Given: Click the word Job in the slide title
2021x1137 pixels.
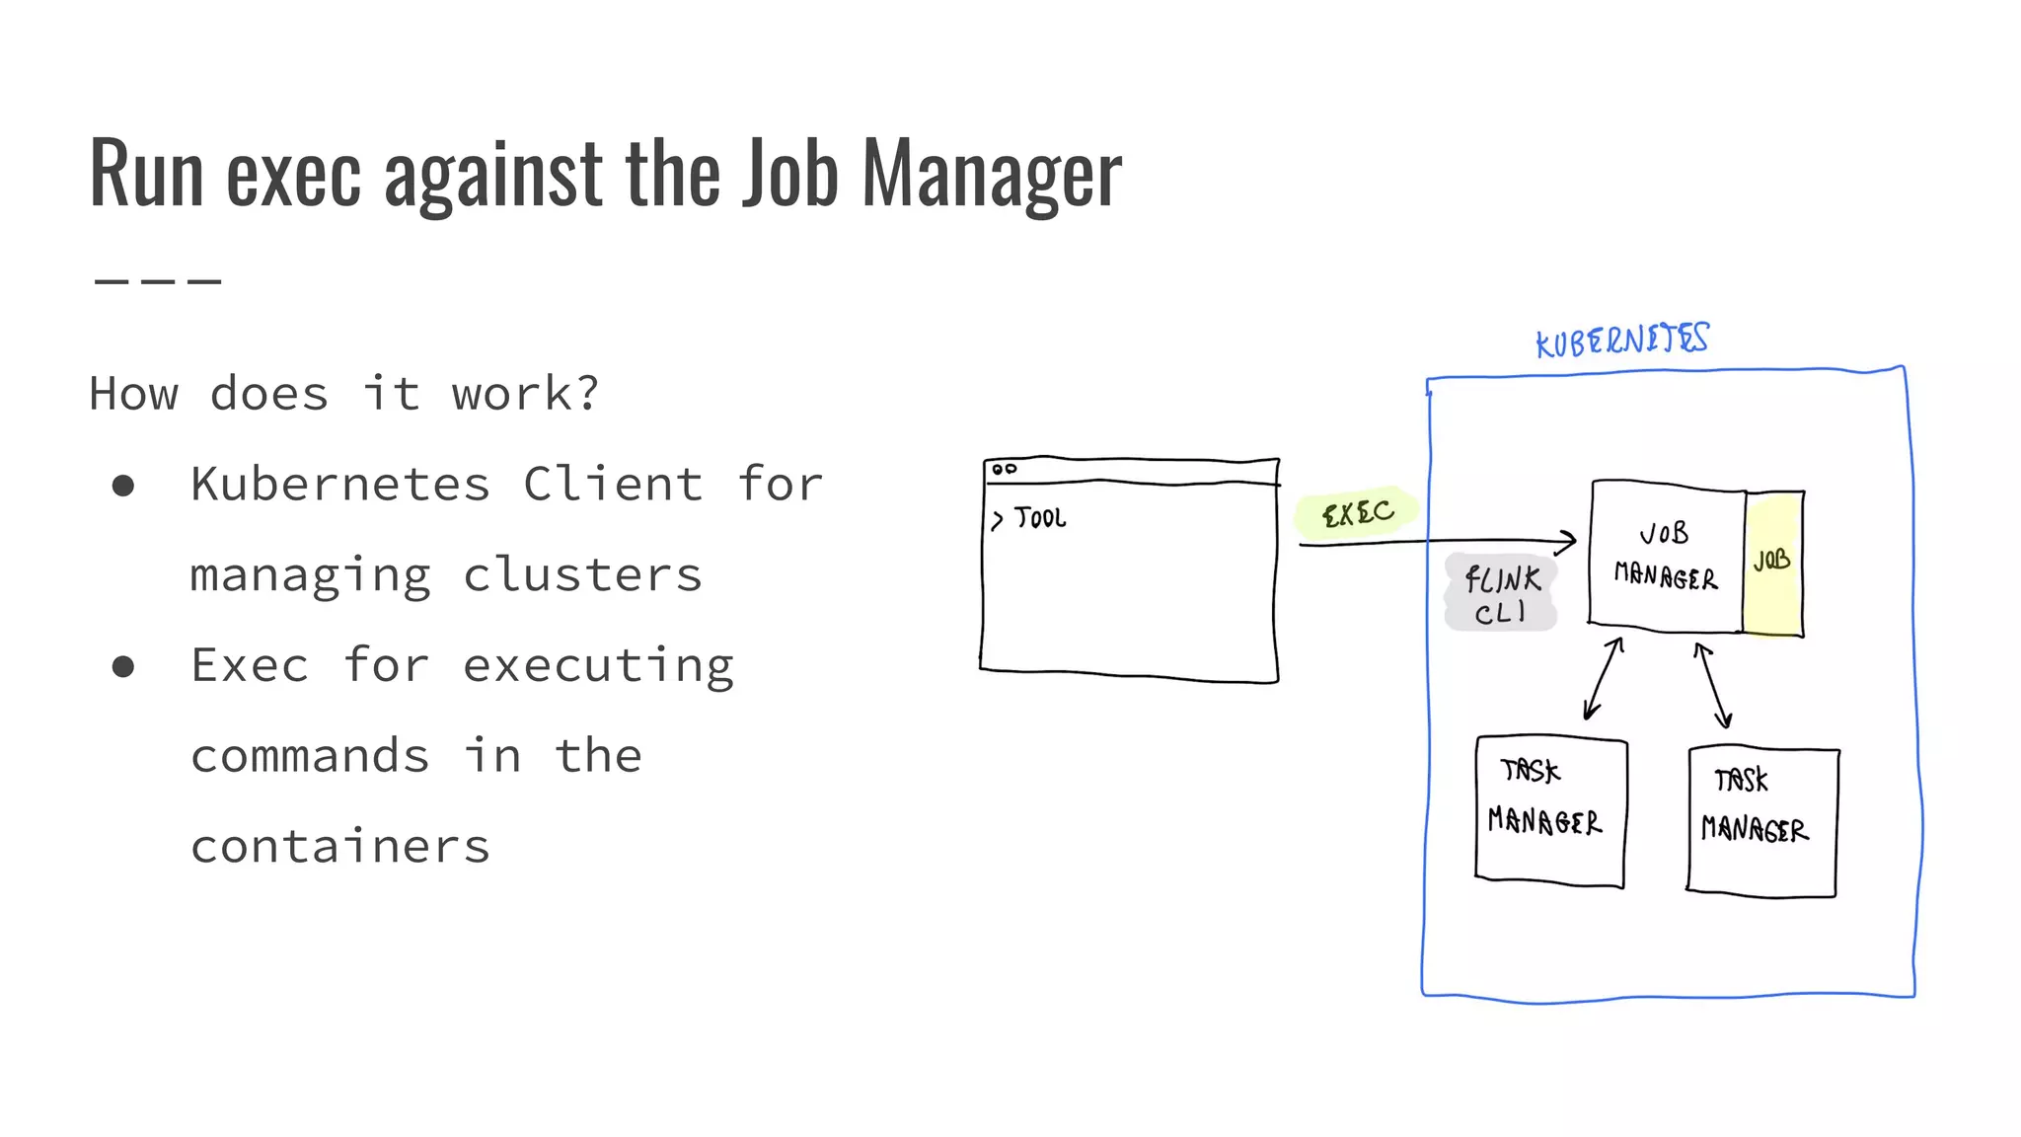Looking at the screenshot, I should point(789,174).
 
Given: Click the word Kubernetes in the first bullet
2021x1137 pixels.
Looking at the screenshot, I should point(340,485).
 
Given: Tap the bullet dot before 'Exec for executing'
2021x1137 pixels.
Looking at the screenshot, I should point(123,667).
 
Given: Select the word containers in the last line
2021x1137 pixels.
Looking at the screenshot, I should point(340,848).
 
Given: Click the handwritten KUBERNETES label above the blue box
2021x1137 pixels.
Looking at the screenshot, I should point(1621,341).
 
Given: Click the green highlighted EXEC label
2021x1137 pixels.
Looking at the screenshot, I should point(1358,513).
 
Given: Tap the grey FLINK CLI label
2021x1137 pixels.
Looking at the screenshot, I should point(1501,594).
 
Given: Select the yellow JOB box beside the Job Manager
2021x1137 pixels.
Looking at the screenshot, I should point(1772,563).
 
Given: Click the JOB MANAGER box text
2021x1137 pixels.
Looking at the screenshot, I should point(1666,556).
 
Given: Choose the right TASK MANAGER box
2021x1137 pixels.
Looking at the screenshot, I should point(1762,821).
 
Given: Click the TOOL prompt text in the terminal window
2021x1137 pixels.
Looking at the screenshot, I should point(1039,518).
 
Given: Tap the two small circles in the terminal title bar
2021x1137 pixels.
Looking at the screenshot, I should point(1005,469).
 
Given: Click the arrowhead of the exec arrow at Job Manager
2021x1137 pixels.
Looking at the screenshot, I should point(1569,540).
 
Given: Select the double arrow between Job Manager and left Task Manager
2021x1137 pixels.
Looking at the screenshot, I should point(1603,679).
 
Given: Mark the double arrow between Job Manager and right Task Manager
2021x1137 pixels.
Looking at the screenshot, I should point(1713,685).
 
